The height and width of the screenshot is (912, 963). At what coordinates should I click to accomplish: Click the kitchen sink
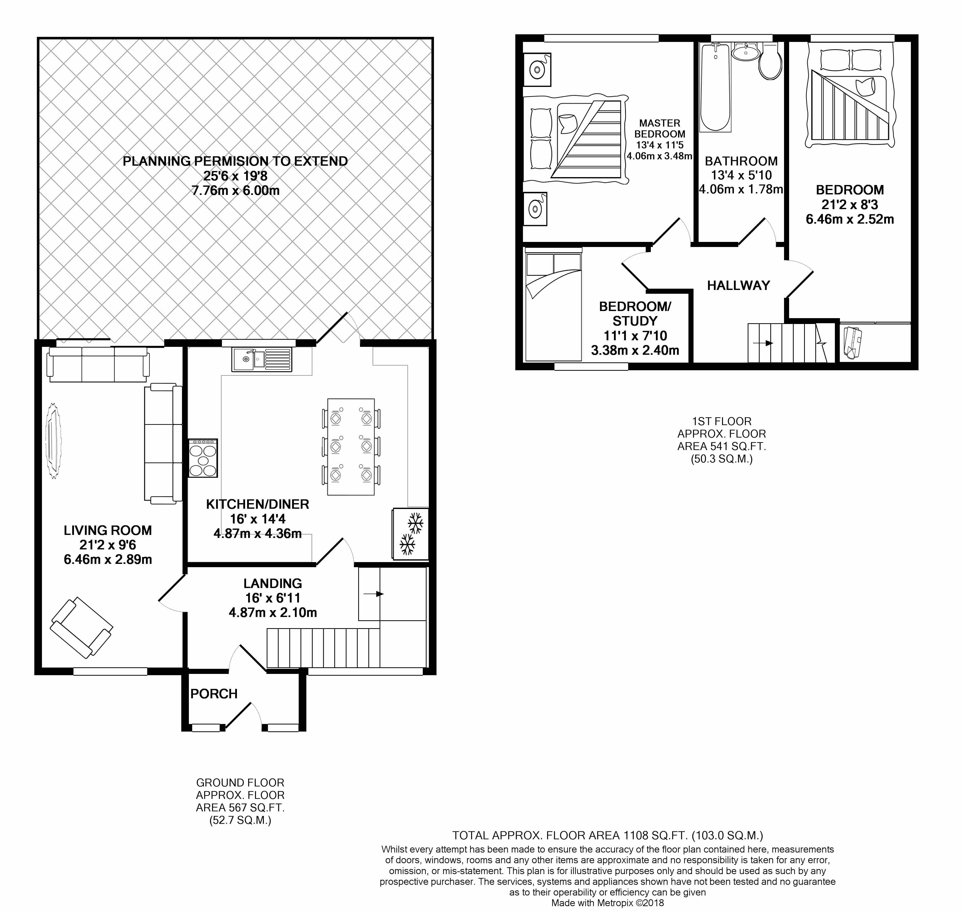262,359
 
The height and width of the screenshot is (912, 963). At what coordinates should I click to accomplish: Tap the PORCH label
214,694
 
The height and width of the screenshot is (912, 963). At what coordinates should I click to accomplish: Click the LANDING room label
273,583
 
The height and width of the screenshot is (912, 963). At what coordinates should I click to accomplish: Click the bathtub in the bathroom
715,87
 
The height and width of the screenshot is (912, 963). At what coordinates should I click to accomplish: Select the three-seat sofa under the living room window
98,364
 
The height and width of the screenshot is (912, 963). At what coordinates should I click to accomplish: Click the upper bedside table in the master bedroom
536,70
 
